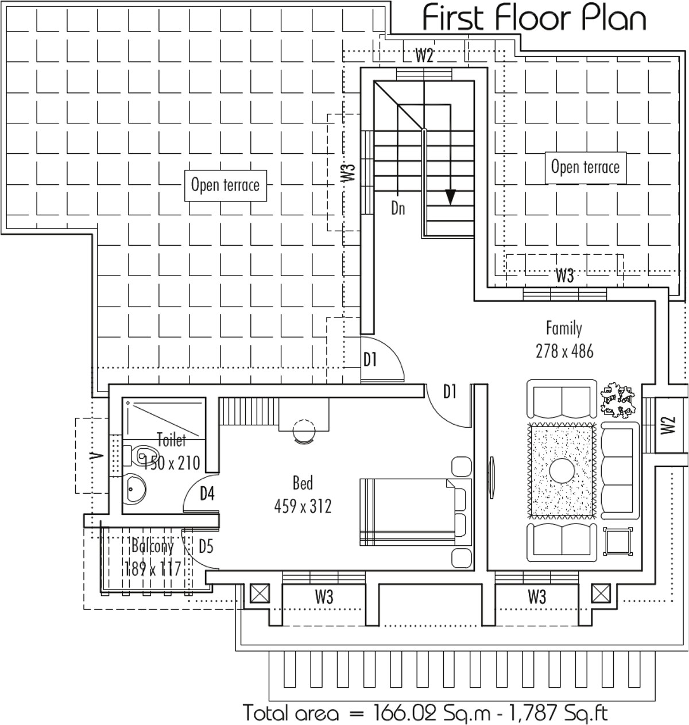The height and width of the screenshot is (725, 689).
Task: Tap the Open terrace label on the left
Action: [x=225, y=185]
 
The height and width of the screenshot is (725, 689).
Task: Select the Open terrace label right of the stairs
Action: [x=585, y=167]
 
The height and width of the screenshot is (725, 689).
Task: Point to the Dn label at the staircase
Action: [x=398, y=208]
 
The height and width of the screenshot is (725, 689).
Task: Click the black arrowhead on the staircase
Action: [x=450, y=197]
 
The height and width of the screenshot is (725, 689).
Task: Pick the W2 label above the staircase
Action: [x=424, y=56]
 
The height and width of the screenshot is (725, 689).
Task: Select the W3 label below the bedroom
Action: [x=324, y=597]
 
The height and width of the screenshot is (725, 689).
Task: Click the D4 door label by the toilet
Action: [x=207, y=493]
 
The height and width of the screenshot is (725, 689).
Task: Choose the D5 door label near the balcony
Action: [x=206, y=546]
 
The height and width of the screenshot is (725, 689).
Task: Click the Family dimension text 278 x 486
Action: [x=564, y=351]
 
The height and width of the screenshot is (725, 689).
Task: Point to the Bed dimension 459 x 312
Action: [x=303, y=506]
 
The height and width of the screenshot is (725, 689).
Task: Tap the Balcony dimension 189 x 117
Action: [x=153, y=569]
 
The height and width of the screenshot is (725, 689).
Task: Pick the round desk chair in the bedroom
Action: [x=304, y=431]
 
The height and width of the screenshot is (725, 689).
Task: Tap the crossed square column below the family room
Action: [x=601, y=594]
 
